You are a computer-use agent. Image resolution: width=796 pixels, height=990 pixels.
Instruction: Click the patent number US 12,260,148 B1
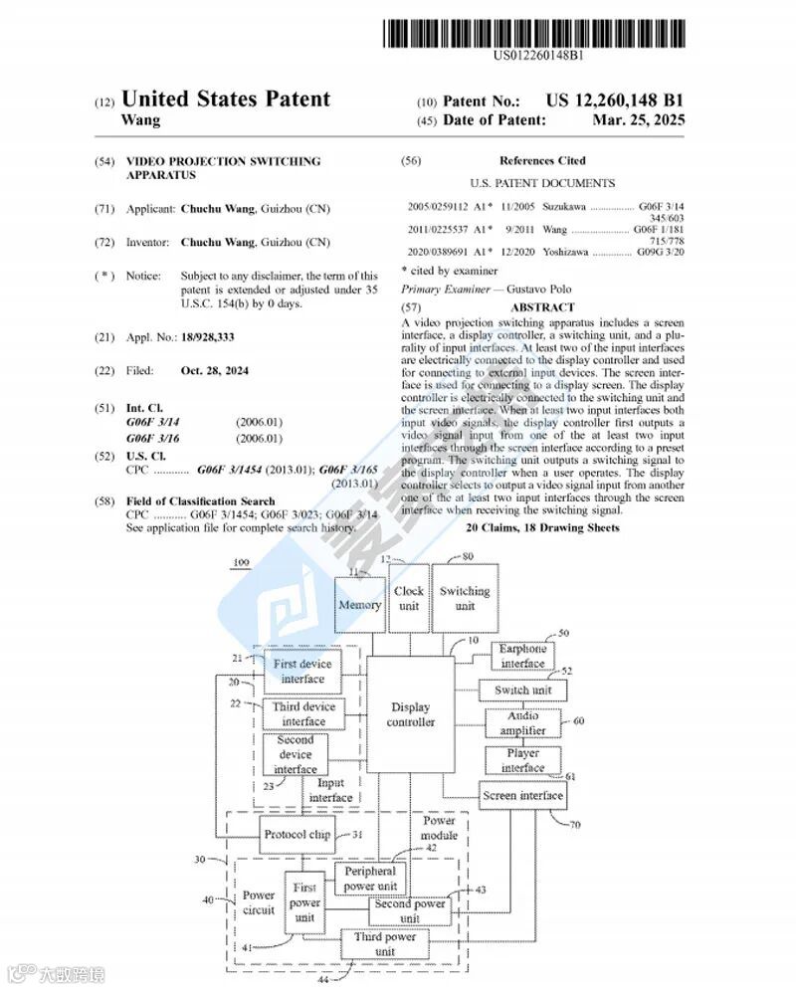[615, 99]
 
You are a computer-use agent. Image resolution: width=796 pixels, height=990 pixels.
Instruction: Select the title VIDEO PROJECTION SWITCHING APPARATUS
[223, 167]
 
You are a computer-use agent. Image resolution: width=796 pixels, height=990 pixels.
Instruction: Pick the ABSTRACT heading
[541, 307]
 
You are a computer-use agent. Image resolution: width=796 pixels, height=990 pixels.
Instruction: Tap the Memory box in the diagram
[359, 604]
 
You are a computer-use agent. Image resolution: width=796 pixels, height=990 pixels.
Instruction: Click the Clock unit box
[409, 598]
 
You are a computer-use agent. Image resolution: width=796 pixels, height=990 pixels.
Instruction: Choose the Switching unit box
[465, 598]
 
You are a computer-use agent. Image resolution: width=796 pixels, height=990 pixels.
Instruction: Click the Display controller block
[411, 714]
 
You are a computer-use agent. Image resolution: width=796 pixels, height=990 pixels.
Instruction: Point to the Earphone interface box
[522, 657]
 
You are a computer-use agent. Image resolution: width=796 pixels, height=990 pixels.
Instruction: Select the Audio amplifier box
[522, 722]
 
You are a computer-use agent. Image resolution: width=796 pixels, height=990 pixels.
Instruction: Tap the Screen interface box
[522, 795]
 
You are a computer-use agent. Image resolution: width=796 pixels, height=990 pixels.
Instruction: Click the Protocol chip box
[297, 835]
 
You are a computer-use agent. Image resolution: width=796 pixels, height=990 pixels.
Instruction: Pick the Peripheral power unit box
[370, 879]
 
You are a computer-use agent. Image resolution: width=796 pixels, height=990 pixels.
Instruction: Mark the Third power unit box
[385, 943]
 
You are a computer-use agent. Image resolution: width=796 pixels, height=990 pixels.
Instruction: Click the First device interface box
[302, 671]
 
